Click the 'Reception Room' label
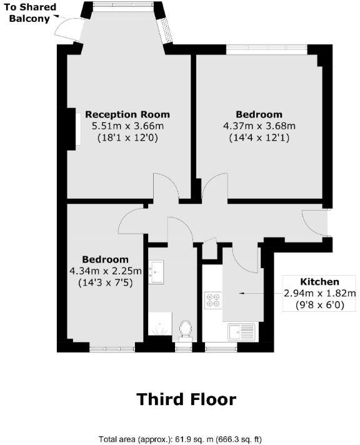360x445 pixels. point(127,114)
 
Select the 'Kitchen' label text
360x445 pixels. point(319,282)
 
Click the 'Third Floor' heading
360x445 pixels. point(186,399)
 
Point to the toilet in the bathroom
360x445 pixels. point(185,329)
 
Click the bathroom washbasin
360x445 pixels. point(156,271)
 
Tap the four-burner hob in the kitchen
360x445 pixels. point(212,301)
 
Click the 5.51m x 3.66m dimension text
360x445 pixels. point(127,126)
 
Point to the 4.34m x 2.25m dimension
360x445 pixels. point(106,271)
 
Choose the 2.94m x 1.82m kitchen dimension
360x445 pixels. point(319,293)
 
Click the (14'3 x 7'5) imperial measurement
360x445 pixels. point(106,282)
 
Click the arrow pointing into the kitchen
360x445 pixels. point(250,292)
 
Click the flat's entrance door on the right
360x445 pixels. point(316,222)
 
